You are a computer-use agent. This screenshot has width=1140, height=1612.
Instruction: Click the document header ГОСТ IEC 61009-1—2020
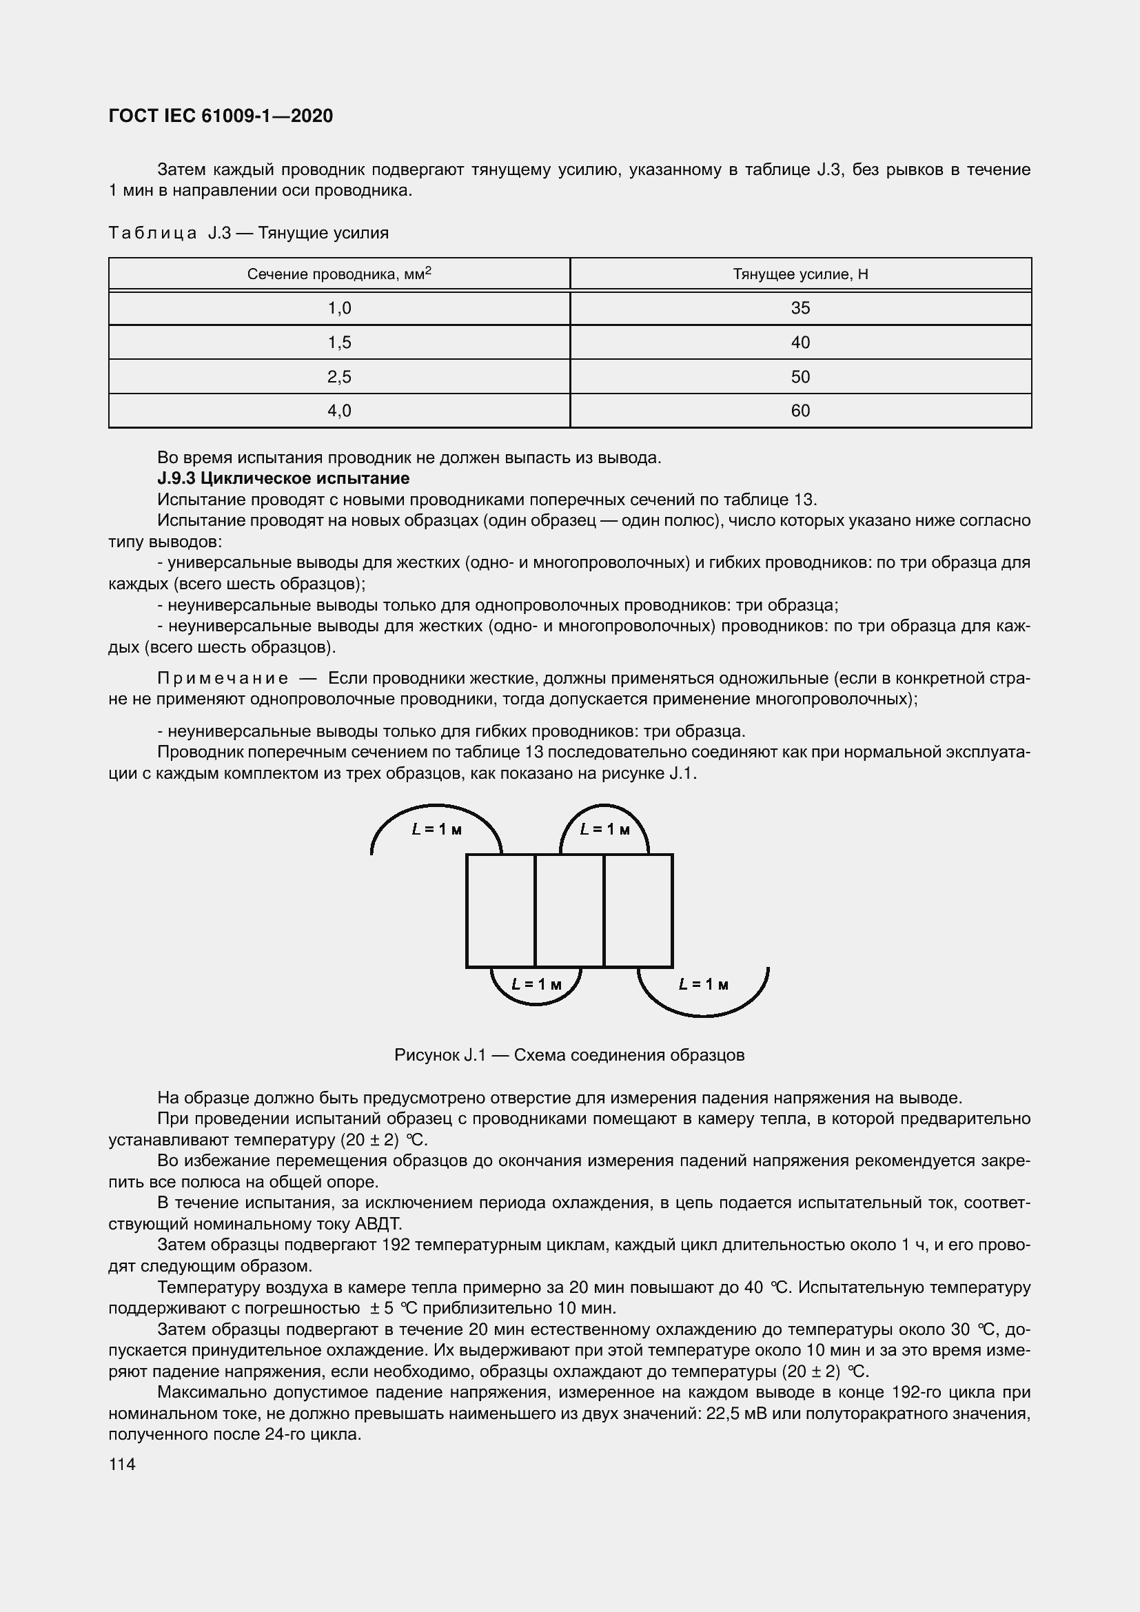(221, 116)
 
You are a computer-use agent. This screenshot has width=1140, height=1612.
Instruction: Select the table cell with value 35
(800, 308)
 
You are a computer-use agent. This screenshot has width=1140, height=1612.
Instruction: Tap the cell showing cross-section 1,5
(339, 343)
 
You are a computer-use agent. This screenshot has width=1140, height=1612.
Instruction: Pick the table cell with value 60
(800, 411)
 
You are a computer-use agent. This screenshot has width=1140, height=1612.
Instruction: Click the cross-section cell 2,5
(339, 377)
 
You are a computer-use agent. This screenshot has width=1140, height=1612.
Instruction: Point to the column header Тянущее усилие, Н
(800, 274)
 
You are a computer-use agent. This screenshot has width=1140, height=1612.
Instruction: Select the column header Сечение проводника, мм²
(339, 274)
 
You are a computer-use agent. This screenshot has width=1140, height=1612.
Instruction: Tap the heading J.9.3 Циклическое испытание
(283, 479)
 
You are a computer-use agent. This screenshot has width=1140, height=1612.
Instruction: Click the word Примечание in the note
(223, 678)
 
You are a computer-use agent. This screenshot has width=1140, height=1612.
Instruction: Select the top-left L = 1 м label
(436, 830)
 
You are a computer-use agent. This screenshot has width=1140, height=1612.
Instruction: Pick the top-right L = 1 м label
(604, 830)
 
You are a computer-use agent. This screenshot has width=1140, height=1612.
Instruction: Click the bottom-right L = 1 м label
(704, 985)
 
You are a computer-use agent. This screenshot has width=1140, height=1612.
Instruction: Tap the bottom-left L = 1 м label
(536, 985)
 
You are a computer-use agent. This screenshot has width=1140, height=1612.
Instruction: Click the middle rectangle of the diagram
(569, 910)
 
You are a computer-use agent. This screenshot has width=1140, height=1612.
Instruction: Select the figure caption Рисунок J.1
(569, 1055)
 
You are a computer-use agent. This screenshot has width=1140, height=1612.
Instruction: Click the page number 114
(122, 1465)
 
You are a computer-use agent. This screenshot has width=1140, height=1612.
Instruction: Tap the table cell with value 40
(800, 343)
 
